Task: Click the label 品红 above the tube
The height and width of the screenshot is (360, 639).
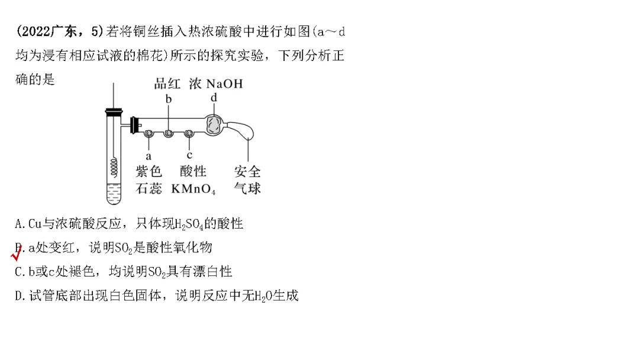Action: [167, 84]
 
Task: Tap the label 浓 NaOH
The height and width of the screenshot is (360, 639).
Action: [216, 84]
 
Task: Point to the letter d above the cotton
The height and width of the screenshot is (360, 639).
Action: [214, 97]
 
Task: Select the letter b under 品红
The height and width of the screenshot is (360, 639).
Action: [169, 99]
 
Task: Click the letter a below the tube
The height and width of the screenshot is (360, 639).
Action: [149, 156]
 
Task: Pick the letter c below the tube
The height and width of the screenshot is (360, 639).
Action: [189, 155]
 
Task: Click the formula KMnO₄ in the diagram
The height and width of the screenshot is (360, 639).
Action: [193, 189]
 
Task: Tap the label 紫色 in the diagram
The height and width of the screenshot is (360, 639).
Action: [149, 172]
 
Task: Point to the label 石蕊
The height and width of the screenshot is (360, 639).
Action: [149, 189]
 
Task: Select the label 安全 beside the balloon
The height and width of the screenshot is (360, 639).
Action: [247, 172]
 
